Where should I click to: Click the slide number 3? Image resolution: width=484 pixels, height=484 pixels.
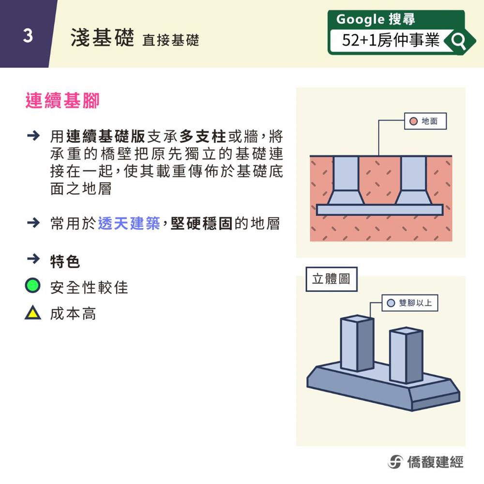(28, 35)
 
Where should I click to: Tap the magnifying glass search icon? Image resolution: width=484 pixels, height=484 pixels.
(458, 41)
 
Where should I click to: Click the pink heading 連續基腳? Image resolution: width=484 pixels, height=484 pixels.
(62, 101)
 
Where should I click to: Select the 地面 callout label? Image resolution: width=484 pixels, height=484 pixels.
(425, 121)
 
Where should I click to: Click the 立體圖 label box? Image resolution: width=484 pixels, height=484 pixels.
(332, 279)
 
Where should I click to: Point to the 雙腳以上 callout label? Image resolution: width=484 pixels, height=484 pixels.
(409, 303)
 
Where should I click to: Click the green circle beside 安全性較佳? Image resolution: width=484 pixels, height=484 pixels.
(32, 285)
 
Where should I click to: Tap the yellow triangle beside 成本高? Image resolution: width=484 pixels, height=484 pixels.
(33, 312)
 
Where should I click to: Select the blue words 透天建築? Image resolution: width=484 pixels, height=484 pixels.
(129, 224)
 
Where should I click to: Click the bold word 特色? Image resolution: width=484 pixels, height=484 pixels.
(65, 261)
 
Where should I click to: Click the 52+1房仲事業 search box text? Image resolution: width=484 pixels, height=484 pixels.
(391, 40)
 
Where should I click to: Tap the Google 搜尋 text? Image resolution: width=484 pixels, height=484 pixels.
(376, 19)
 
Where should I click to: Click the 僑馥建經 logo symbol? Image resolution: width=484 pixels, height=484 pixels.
(395, 462)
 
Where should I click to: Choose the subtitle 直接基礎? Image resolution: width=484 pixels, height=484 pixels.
(171, 40)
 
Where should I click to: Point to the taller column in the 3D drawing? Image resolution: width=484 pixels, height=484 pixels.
(357, 343)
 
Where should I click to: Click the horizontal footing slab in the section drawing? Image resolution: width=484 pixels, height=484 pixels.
(379, 210)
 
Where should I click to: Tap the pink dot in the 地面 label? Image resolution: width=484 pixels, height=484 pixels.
(413, 121)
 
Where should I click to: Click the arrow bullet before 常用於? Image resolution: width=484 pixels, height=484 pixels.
(33, 223)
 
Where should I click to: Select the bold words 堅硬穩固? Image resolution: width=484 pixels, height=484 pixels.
(201, 224)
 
